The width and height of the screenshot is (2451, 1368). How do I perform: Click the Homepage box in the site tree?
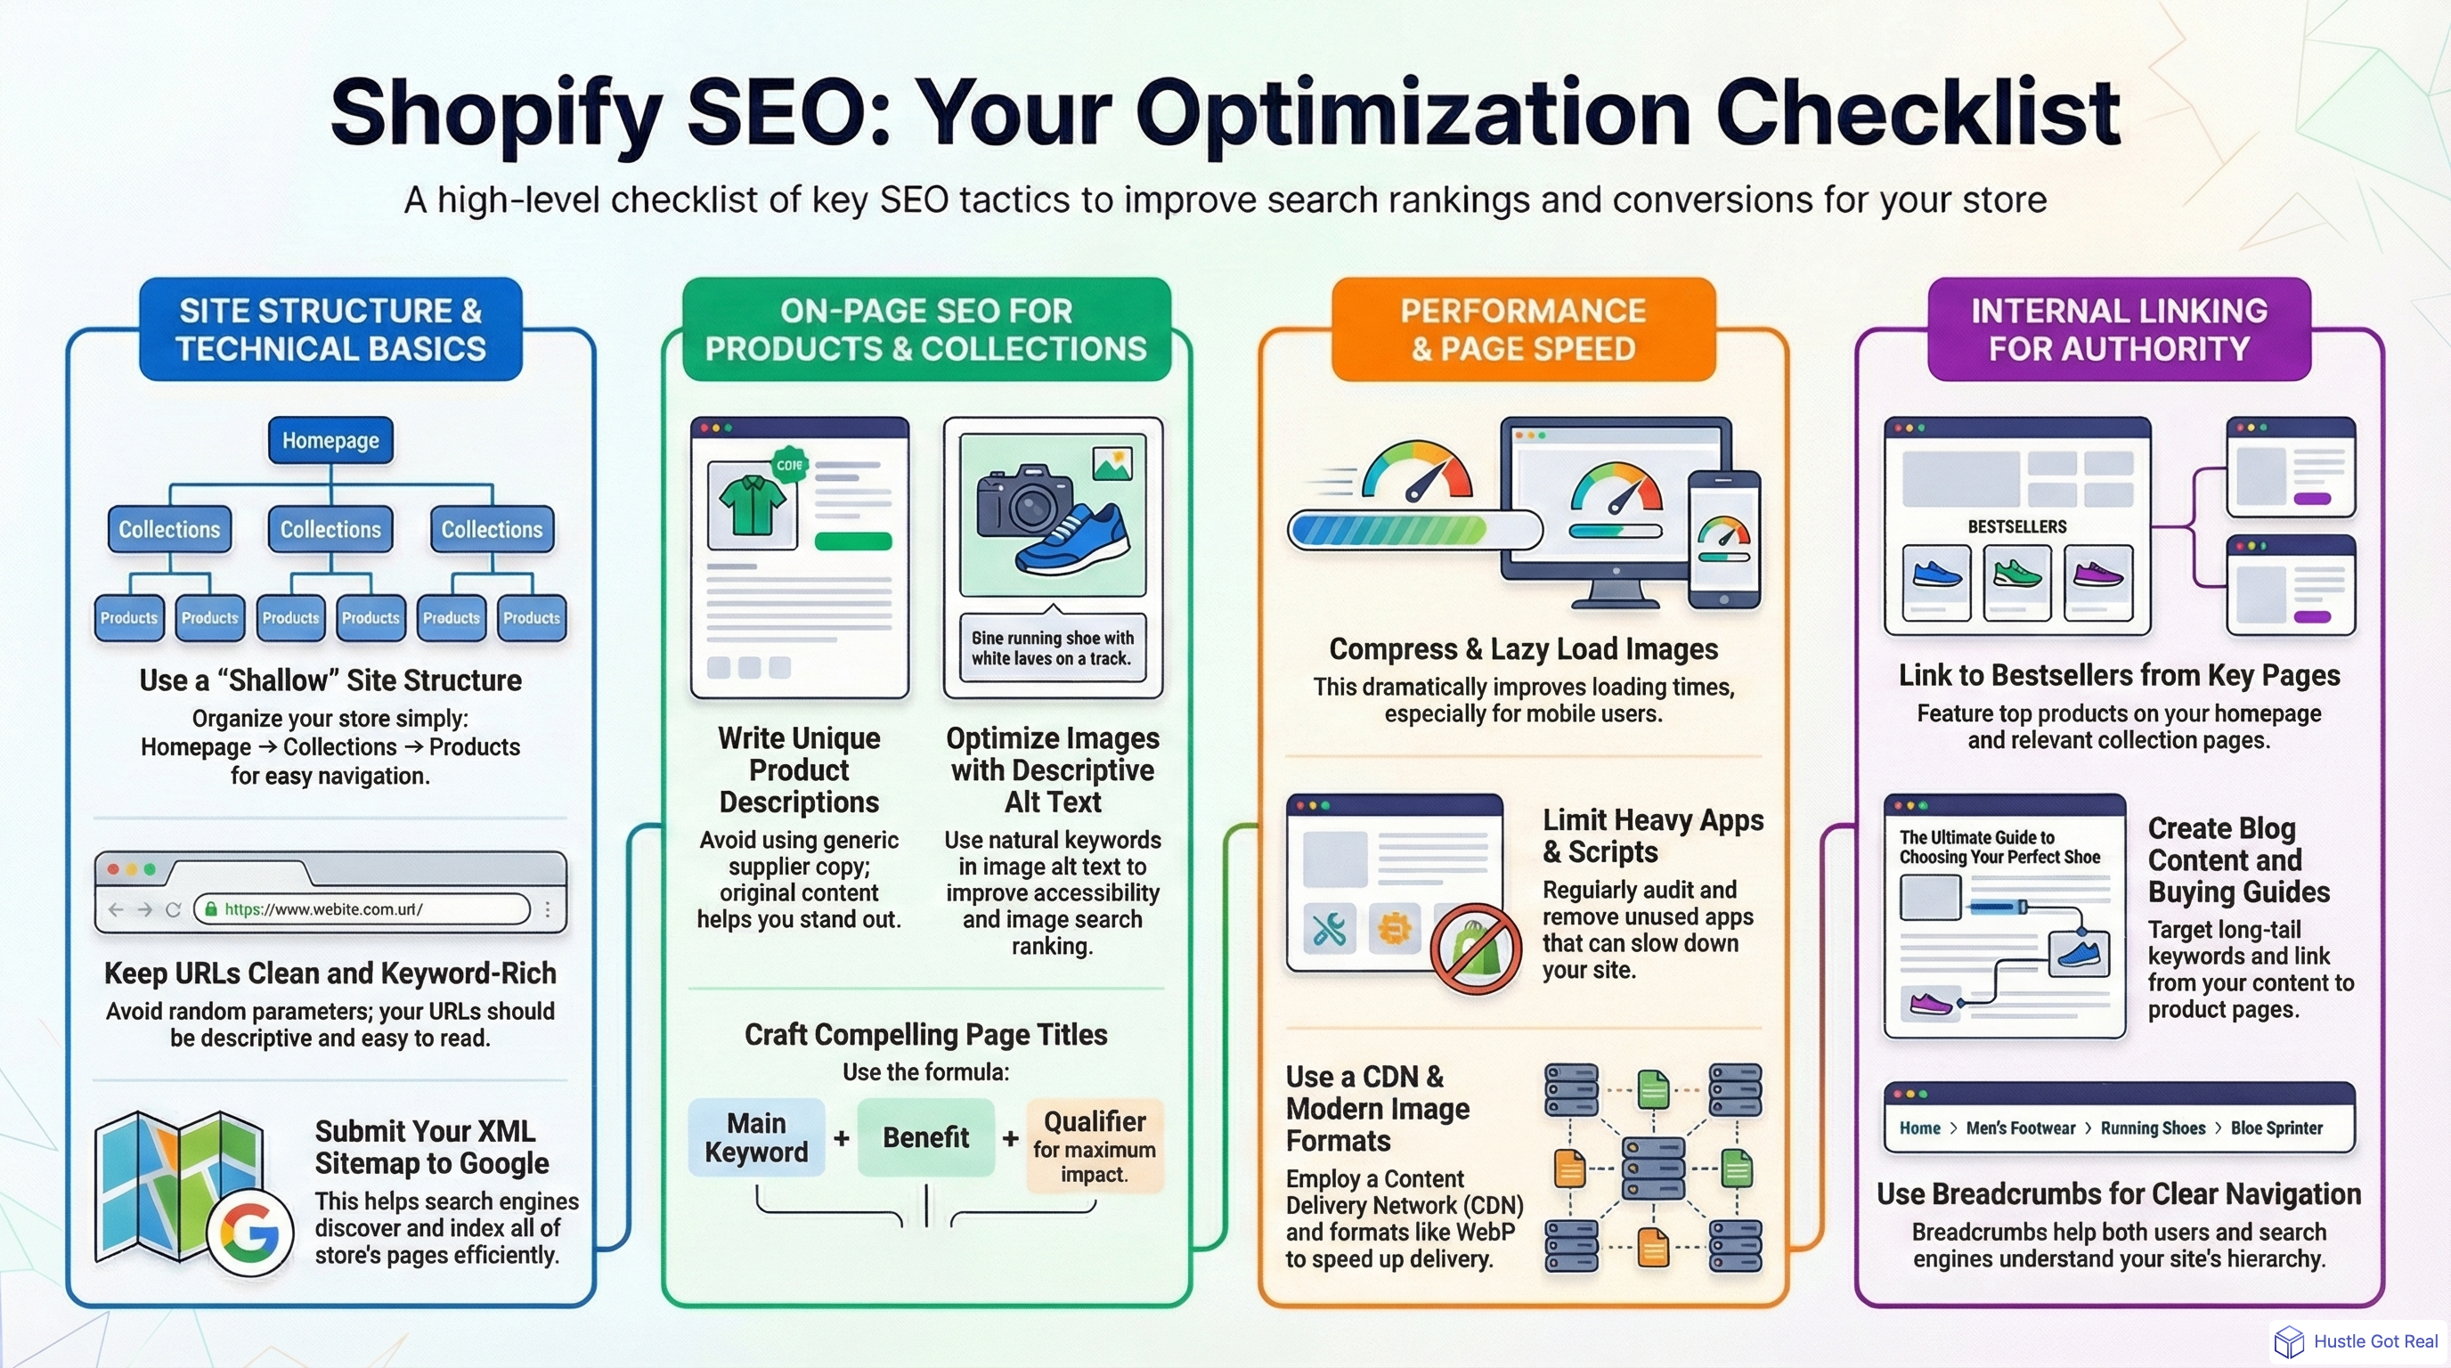coord(330,441)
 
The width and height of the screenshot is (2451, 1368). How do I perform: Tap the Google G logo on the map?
coord(249,1233)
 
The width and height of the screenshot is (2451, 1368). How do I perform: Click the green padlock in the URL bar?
coord(211,909)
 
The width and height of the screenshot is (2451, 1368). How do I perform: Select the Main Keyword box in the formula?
coord(756,1138)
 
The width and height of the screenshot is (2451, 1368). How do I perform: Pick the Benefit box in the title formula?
coord(924,1138)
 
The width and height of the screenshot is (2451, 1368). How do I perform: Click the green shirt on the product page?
coord(752,505)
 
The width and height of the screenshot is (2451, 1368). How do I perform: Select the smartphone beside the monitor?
coord(1724,539)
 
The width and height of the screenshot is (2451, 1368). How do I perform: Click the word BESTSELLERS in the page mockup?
coord(2017,527)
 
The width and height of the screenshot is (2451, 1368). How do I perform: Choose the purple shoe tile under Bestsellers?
coord(2097,581)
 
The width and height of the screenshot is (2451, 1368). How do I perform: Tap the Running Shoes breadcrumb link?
coord(2153,1128)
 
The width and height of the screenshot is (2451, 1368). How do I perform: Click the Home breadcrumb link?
coord(1919,1128)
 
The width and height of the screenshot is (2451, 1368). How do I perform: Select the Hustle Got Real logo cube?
coord(2288,1341)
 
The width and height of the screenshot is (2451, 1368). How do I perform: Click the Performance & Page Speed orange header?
coord(1523,330)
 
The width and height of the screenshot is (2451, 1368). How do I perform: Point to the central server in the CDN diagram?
coord(1653,1168)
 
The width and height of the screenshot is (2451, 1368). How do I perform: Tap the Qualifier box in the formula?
coord(1095,1145)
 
